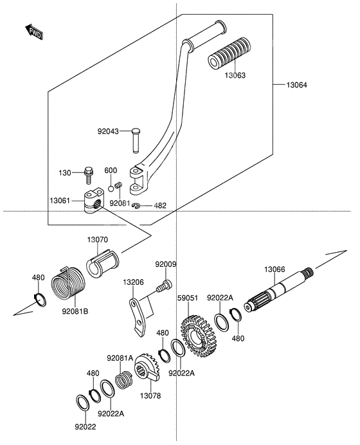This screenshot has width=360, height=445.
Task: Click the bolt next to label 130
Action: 89,172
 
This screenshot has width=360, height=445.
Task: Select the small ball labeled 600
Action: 111,188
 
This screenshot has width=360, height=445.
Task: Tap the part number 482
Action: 160,206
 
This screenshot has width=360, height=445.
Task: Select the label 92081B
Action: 75,312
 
